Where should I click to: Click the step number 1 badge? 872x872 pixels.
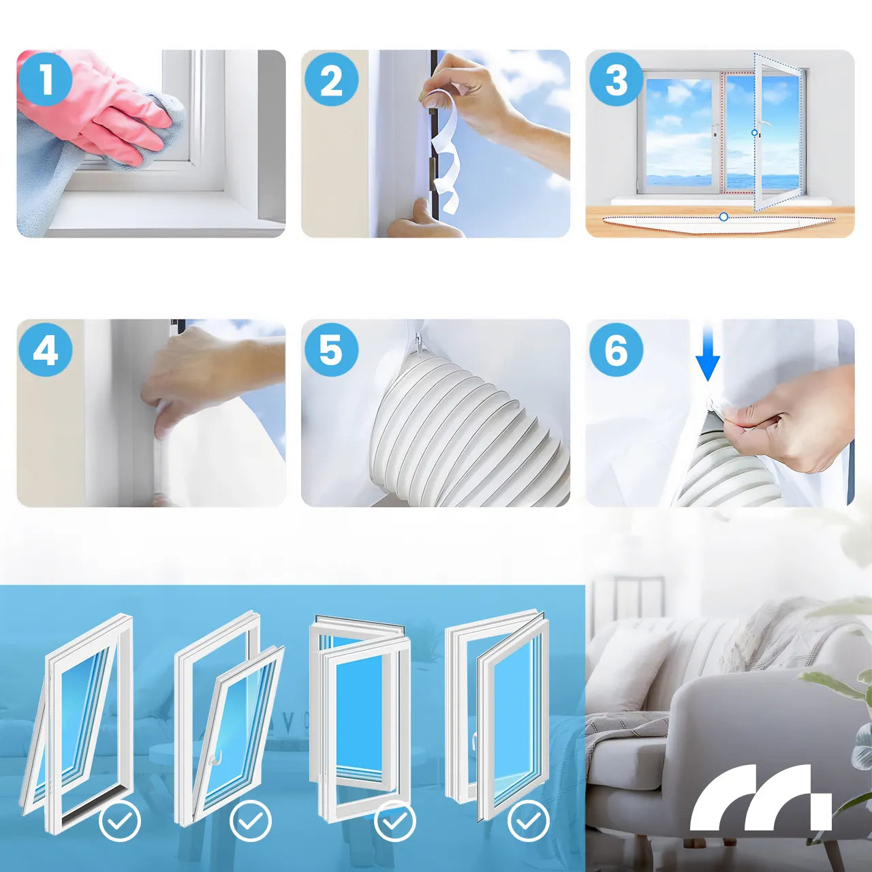[46, 80]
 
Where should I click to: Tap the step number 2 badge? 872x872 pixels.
[331, 80]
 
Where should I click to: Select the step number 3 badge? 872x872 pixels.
[616, 80]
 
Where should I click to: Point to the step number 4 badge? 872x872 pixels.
[46, 349]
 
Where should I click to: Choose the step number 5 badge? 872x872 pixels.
[331, 349]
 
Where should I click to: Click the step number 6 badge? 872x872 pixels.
[616, 349]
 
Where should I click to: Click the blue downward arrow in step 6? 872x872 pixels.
[708, 354]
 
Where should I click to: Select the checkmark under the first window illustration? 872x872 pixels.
[120, 820]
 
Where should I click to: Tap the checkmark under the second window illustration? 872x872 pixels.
[251, 820]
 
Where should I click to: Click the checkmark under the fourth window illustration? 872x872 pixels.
[529, 820]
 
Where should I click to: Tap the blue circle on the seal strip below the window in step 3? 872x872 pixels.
[723, 217]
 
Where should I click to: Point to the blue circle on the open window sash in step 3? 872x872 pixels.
[754, 133]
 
